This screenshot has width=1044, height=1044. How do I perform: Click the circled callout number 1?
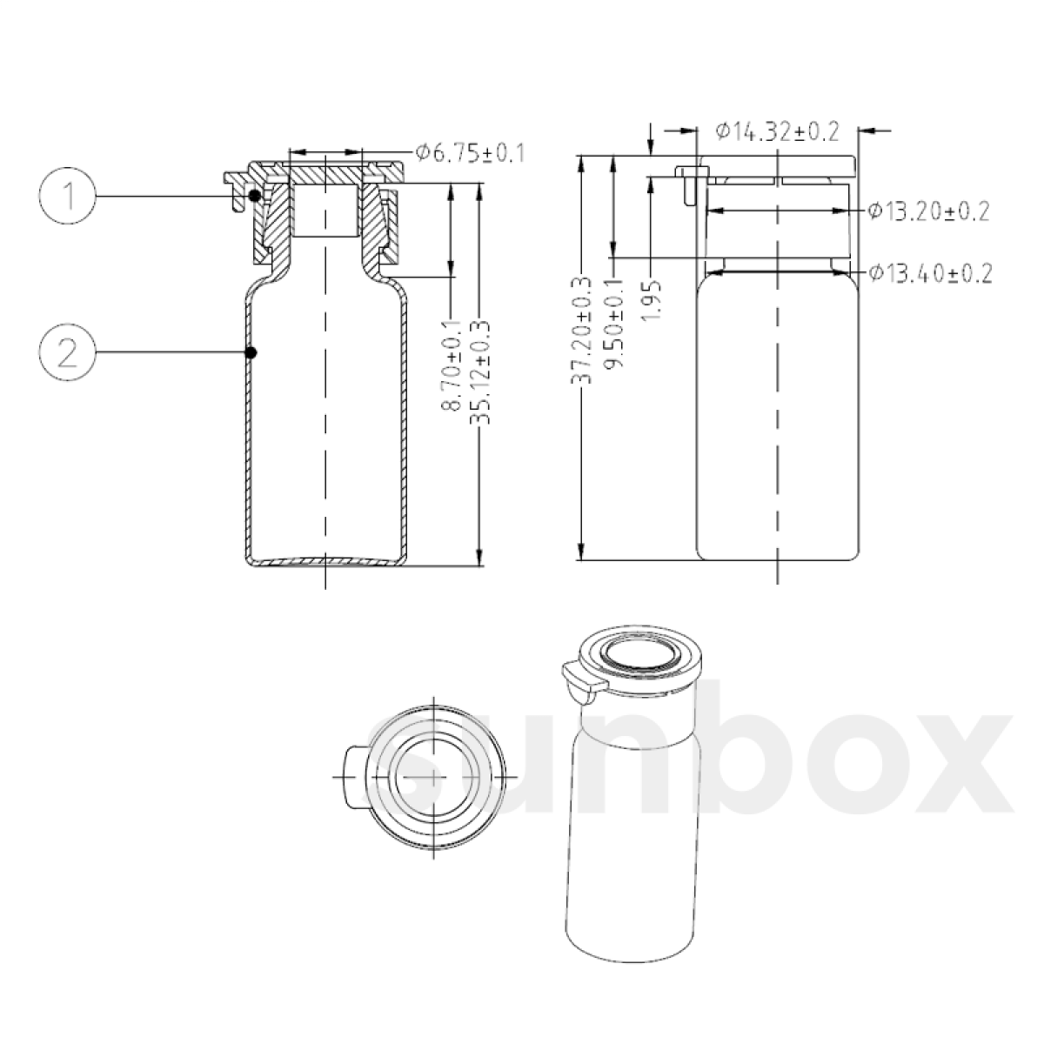coord(67,196)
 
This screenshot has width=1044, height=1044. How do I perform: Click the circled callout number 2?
coord(67,352)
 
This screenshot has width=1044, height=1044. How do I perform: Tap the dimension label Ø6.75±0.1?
coord(470,153)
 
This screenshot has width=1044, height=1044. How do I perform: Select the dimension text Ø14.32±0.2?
coord(778,131)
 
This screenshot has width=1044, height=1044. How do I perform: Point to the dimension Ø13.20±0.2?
coord(928,211)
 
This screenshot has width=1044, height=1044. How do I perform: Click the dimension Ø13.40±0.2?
coord(930,273)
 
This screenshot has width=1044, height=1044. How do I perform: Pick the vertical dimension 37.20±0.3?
coord(581,330)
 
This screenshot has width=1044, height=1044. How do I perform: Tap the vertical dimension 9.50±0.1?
coord(613,323)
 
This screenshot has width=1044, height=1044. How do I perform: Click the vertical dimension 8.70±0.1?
coord(451,366)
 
